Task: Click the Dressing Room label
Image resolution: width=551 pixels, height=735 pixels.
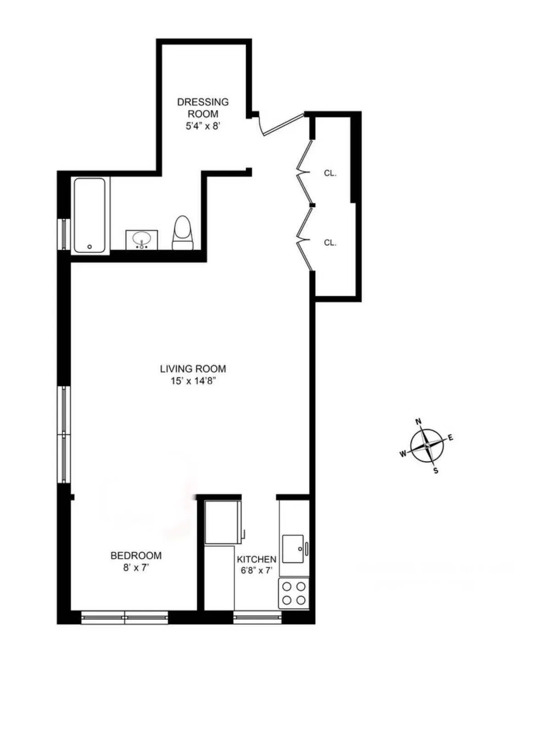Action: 203,108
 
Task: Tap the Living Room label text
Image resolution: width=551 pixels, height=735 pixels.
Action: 193,369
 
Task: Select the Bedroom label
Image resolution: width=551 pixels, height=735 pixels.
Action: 136,556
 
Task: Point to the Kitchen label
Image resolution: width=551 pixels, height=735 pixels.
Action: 257,559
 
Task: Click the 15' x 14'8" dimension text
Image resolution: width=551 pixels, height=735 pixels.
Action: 193,381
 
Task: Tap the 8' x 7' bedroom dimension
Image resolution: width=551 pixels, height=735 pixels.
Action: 136,568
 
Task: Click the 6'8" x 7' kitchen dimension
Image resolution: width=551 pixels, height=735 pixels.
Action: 257,571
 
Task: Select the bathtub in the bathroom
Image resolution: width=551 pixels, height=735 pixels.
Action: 90,215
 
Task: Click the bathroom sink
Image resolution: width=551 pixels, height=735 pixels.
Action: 141,239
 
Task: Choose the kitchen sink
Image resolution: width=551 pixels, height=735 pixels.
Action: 293,548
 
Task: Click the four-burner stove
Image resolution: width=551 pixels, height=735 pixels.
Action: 294,593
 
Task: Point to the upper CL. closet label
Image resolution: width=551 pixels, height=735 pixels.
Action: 330,173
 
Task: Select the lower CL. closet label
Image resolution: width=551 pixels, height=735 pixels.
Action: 330,243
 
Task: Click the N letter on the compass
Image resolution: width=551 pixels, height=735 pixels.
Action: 418,422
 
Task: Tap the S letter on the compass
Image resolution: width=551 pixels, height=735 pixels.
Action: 436,471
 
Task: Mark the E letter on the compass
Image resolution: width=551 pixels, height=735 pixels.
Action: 450,438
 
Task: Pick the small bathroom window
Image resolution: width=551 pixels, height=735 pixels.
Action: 64,234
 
